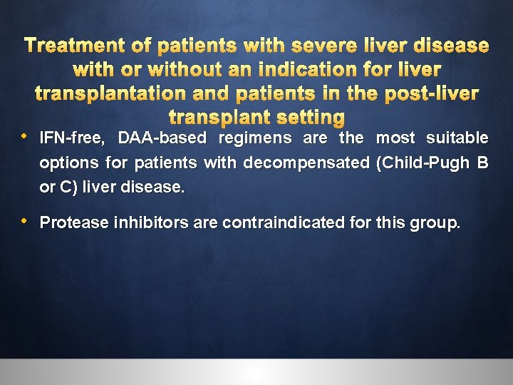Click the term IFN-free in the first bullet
69,138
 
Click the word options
70,163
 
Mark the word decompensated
304,163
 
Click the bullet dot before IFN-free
26,135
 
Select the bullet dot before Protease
26,221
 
